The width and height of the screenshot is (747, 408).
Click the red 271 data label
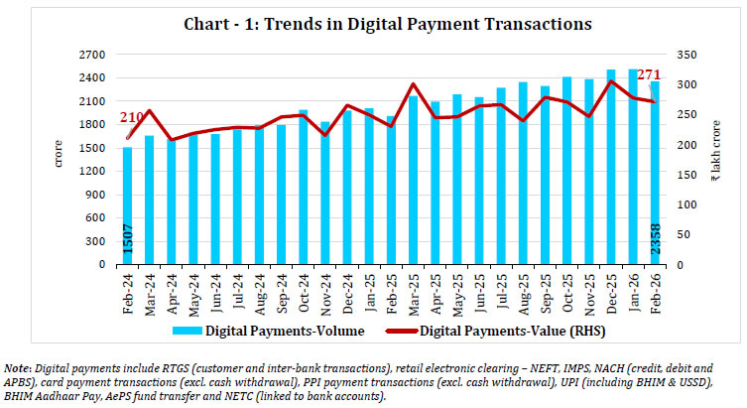650,75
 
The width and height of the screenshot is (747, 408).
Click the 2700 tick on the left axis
90,55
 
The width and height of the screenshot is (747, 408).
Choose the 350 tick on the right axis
685,55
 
